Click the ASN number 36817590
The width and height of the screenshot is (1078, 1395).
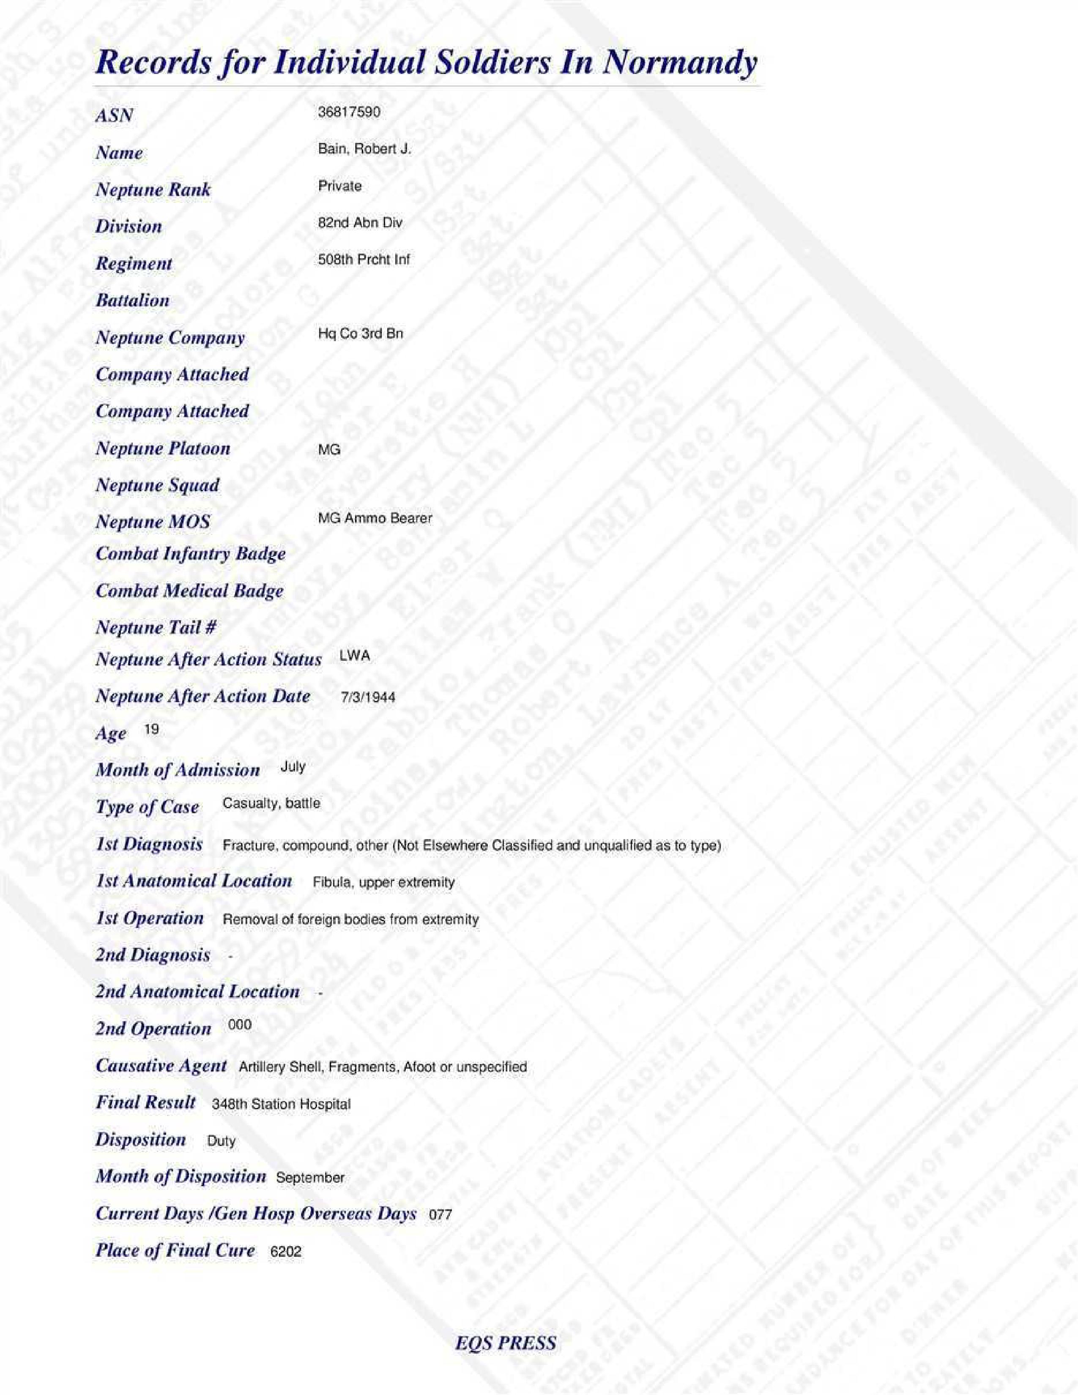[x=349, y=112]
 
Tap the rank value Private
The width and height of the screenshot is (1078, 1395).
[x=340, y=186]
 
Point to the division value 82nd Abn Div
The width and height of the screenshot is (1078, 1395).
[x=360, y=223]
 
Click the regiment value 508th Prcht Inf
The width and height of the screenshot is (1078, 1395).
[x=364, y=259]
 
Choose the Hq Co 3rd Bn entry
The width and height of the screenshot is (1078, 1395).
[x=360, y=334]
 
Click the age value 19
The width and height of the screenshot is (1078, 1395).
[x=151, y=729]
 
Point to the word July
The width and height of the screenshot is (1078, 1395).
[x=293, y=766]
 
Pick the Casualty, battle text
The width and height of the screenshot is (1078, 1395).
[x=271, y=804]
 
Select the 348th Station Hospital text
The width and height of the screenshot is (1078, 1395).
[x=281, y=1104]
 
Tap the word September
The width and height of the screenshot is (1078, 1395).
[x=310, y=1178]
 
